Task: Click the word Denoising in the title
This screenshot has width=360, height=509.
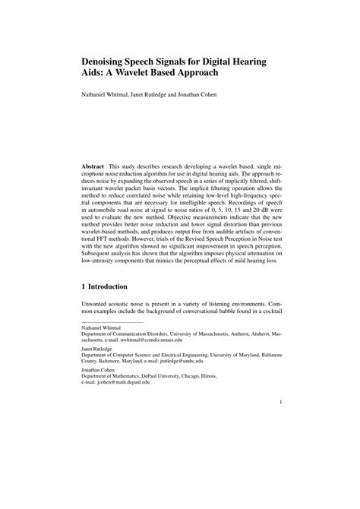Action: [109, 59]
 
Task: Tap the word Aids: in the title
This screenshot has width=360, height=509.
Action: [95, 73]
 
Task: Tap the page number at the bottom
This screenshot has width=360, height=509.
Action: [280, 404]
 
